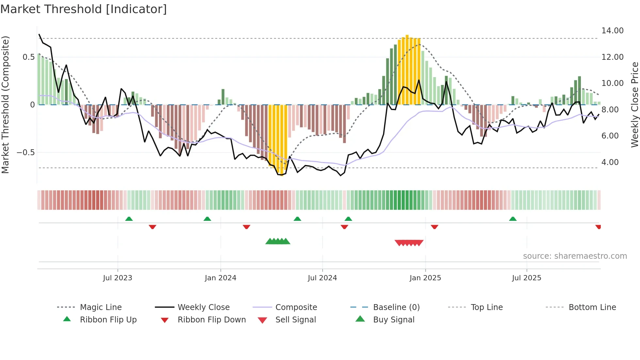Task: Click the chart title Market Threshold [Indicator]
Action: click(84, 9)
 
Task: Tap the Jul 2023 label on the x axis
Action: click(118, 278)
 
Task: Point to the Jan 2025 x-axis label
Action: click(425, 278)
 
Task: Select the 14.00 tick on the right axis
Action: click(612, 31)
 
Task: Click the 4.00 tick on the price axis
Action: click(610, 162)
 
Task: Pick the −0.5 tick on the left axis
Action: click(25, 153)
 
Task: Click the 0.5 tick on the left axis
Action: click(28, 57)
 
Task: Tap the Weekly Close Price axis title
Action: click(634, 105)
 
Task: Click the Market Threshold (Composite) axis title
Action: click(5, 105)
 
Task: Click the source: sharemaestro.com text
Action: click(575, 256)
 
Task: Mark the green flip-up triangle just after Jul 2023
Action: click(129, 219)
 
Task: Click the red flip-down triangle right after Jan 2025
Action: click(434, 227)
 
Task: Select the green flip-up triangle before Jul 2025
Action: click(513, 219)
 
